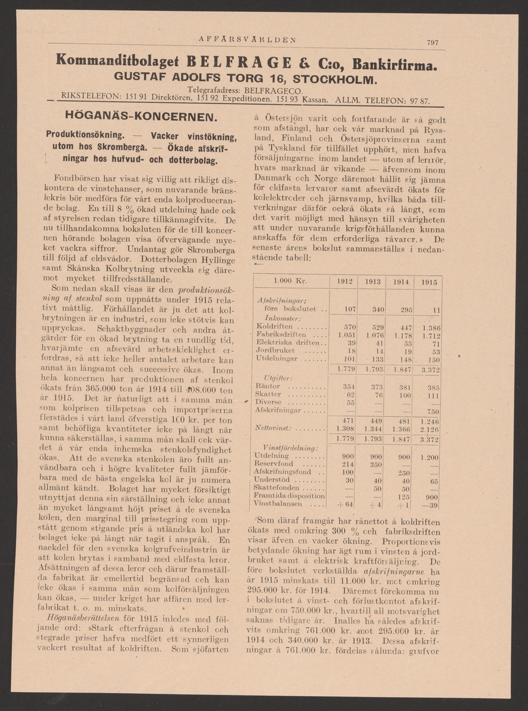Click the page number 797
[x=432, y=42]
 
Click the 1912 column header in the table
[x=345, y=282]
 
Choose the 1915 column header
[x=429, y=282]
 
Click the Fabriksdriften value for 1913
[x=373, y=335]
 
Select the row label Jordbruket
[x=273, y=351]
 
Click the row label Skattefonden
[x=277, y=488]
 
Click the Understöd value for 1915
[x=432, y=481]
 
